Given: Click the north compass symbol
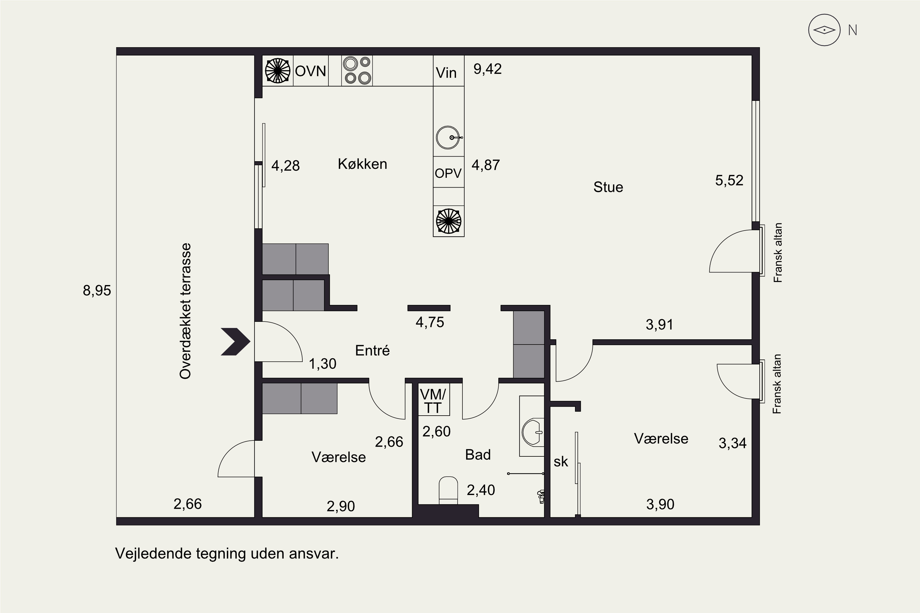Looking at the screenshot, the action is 824,30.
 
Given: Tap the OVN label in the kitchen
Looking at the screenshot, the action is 311,71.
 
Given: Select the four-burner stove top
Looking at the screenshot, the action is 357,70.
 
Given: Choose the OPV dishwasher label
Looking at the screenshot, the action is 448,173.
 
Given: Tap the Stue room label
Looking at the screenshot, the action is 608,187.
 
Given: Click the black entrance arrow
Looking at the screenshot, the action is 236,342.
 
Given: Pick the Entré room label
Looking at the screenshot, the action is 372,351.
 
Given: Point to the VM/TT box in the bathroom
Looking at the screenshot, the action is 433,400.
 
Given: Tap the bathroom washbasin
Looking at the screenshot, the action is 532,432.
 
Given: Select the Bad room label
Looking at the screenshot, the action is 478,455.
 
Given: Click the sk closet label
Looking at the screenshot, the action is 561,462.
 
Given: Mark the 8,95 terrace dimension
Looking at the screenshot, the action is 97,291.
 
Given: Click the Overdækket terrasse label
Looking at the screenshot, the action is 185,311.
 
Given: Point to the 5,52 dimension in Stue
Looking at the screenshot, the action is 729,181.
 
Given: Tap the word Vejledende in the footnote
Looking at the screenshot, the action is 154,554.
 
